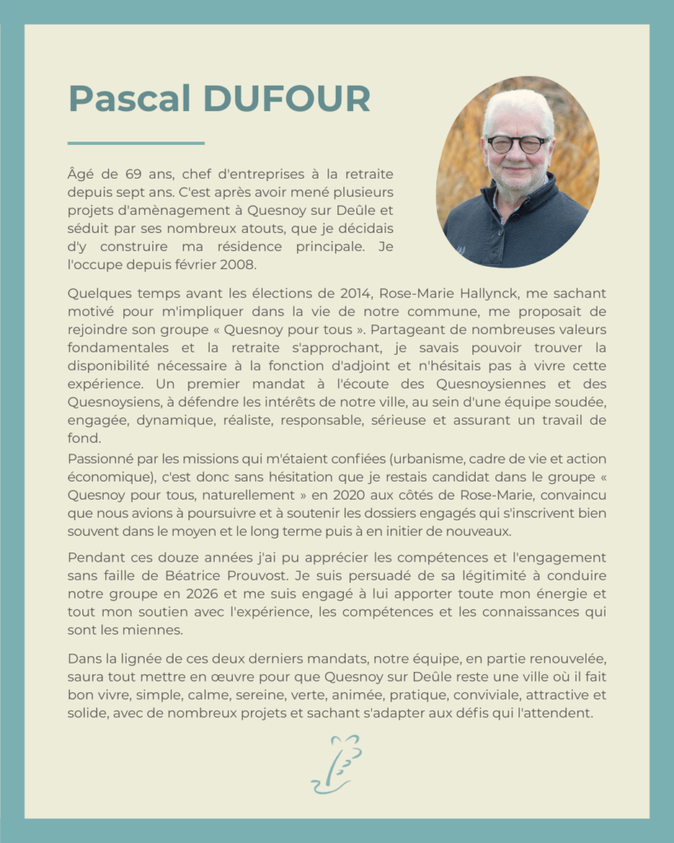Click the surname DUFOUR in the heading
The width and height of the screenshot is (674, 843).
click(286, 99)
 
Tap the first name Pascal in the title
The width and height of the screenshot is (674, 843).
click(130, 99)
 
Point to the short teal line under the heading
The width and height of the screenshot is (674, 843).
click(136, 143)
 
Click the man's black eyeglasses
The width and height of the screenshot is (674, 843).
click(518, 144)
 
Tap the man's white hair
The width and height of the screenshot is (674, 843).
click(518, 107)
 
